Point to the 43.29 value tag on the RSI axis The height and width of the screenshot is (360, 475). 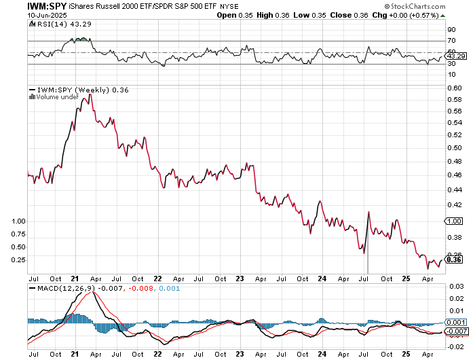click(x=453, y=56)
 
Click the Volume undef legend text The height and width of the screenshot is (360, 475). click(x=55, y=97)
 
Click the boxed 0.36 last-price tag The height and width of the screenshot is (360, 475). click(x=453, y=259)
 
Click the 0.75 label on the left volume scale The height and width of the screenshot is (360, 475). click(x=18, y=234)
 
